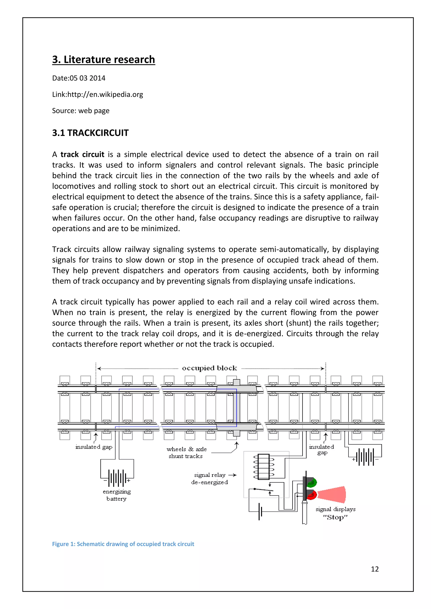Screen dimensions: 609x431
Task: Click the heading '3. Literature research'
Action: (x=103, y=60)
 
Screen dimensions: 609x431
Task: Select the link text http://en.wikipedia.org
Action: (x=105, y=94)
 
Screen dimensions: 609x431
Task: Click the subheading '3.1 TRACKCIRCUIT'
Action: (x=90, y=133)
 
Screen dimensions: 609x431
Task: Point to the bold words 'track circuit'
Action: (x=82, y=154)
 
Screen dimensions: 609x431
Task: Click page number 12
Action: (x=374, y=569)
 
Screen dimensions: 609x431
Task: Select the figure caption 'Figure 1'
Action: (x=123, y=544)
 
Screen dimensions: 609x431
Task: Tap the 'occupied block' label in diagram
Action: (x=209, y=368)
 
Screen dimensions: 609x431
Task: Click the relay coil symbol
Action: (x=263, y=467)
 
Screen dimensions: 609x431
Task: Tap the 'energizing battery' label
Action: (x=117, y=495)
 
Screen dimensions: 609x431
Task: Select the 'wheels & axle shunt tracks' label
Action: (x=186, y=453)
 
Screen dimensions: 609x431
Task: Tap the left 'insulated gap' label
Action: (x=94, y=447)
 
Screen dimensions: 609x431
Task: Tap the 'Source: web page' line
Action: (x=81, y=111)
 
